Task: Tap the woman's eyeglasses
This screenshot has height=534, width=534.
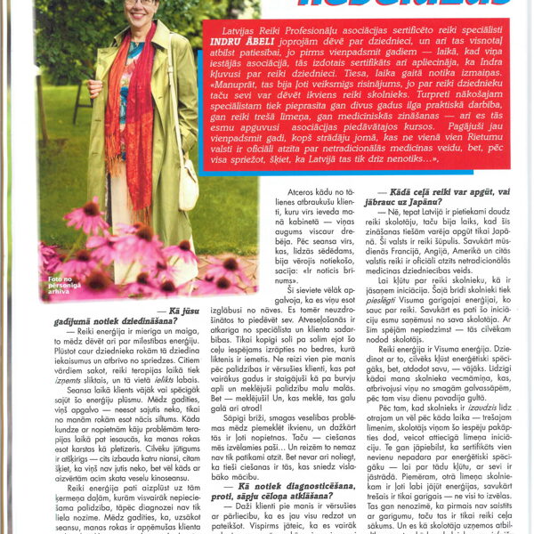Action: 141,3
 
